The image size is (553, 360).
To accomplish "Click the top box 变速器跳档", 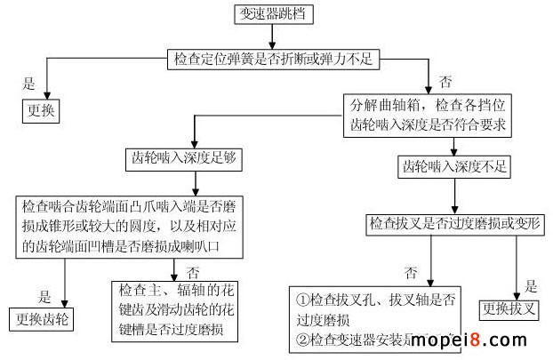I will [x=274, y=14].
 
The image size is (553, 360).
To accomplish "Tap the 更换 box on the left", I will [x=39, y=112].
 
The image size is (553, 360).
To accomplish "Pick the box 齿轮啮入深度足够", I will [x=182, y=160].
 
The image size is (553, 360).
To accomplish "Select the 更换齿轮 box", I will [x=43, y=318].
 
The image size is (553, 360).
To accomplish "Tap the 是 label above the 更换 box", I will [x=28, y=84].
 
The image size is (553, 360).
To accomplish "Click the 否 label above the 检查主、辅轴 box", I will [x=192, y=271].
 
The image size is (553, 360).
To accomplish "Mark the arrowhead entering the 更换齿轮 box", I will [x=67, y=302].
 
